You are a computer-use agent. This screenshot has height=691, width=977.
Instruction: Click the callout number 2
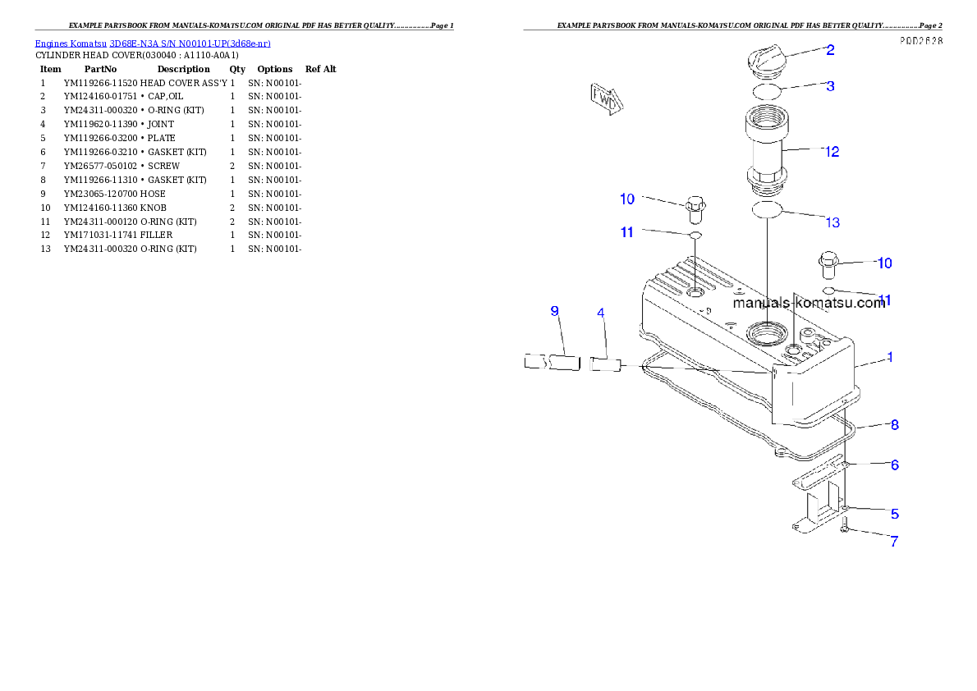830,50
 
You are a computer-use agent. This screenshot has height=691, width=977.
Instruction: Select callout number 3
830,85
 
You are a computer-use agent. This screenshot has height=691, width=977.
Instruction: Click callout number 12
832,152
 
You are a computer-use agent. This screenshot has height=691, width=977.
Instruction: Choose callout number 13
832,222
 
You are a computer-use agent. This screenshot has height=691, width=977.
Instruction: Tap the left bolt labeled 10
695,210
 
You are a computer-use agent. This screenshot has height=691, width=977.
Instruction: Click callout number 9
554,311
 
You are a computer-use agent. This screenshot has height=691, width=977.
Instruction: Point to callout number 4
601,313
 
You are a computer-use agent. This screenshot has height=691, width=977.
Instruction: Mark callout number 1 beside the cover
890,357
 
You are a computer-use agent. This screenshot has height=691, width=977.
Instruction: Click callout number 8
894,424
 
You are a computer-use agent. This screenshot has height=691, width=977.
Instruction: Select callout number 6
894,464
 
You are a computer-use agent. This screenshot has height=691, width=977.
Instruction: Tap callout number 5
894,514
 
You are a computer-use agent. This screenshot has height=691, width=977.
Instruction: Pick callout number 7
894,542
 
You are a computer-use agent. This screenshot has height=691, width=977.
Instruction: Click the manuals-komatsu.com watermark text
809,303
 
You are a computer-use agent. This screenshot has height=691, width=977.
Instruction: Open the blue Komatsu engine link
153,43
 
